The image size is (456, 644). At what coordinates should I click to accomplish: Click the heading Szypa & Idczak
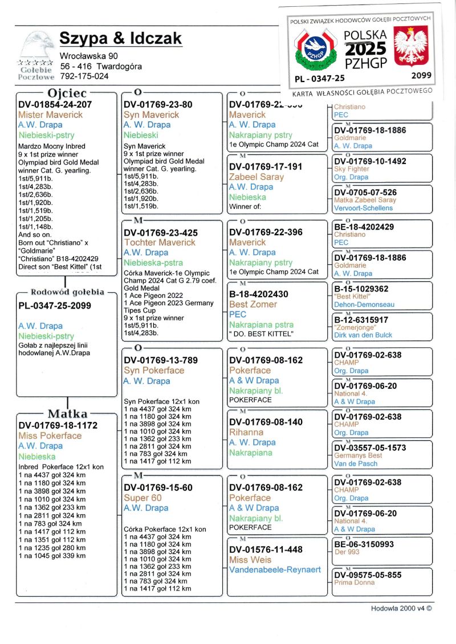121,39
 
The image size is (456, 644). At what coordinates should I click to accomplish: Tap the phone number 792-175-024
84,76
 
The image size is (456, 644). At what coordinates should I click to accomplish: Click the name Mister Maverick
50,114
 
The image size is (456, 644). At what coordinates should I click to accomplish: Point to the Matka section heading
67,413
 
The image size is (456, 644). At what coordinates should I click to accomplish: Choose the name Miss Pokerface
50,436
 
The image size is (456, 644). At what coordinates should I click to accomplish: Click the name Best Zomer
253,304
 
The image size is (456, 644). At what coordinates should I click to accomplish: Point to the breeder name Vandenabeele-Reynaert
275,569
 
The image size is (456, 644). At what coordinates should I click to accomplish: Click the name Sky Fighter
352,169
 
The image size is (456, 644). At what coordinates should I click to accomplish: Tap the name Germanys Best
358,456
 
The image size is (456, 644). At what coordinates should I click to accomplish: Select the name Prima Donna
354,583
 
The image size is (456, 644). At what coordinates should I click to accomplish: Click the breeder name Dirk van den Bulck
363,335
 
